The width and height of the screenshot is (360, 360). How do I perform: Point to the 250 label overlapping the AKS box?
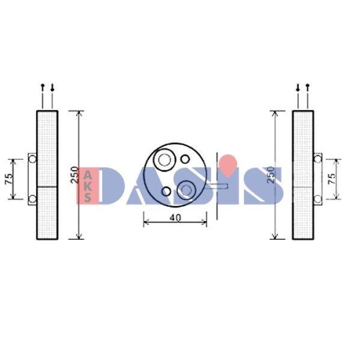pos(74,176)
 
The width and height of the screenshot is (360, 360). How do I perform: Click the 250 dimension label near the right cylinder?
pos(270,175)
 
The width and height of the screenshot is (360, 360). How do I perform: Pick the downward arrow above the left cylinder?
pos(51,89)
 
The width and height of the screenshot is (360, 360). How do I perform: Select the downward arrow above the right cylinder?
pos(298,89)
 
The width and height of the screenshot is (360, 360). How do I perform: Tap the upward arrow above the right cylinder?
pos(307,89)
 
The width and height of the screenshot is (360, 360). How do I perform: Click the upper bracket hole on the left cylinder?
pos(32,158)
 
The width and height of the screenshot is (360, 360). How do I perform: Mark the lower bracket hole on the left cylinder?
pos(32,198)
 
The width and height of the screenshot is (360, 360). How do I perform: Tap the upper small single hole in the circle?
pos(185,158)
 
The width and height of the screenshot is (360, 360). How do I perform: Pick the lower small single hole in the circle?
pos(166,192)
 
